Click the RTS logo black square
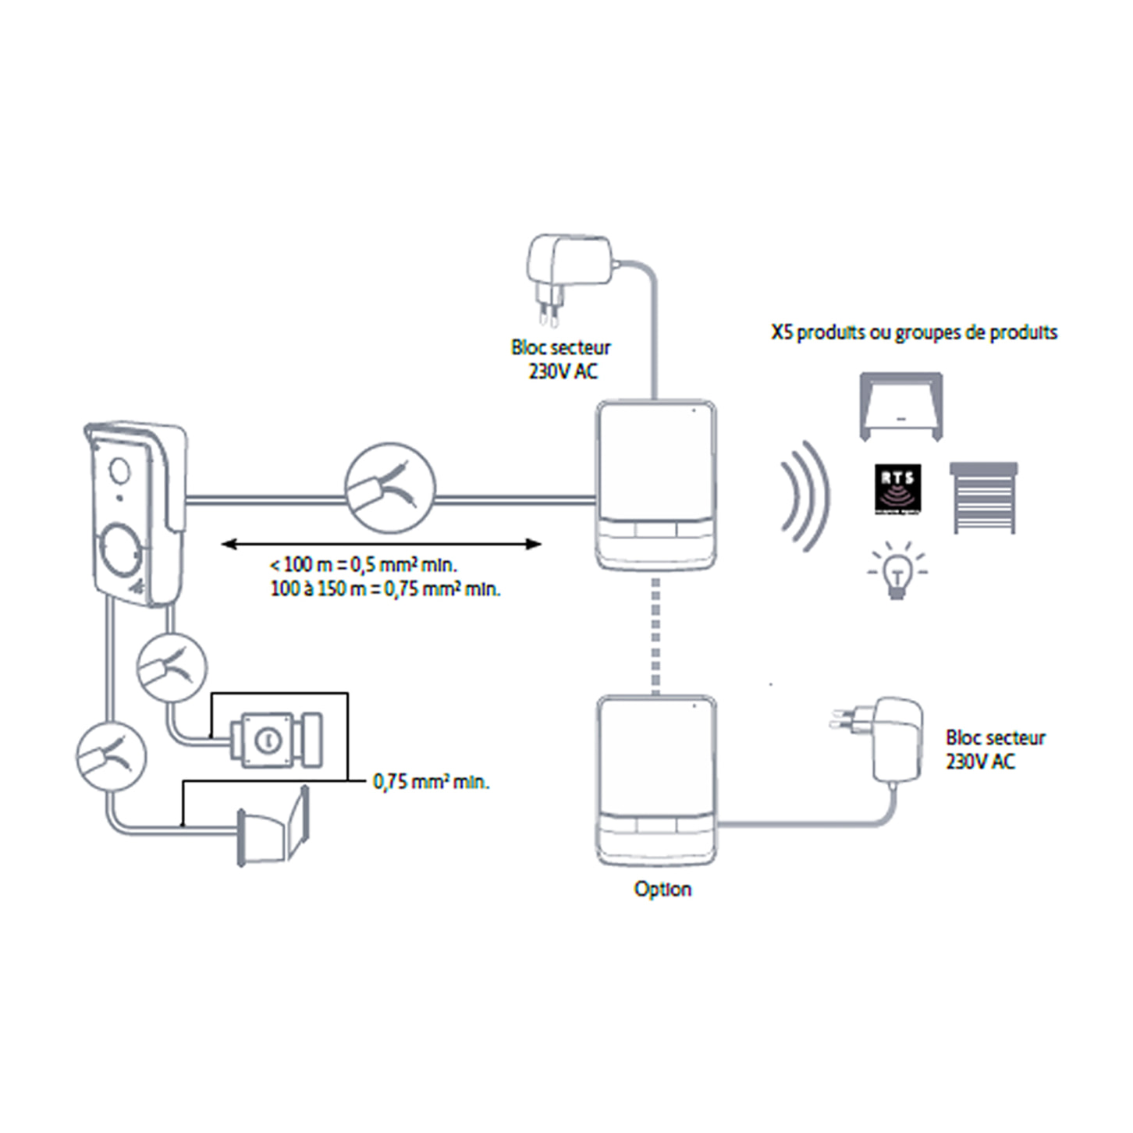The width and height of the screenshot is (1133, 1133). (897, 489)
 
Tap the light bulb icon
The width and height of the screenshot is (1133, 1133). (897, 571)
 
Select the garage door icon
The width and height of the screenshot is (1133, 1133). (900, 406)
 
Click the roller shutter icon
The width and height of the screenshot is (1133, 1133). (983, 497)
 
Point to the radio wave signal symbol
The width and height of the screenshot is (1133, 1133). (805, 497)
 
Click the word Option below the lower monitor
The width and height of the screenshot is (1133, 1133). (662, 890)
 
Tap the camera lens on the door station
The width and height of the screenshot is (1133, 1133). (120, 471)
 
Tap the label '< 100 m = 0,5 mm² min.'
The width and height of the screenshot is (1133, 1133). (364, 565)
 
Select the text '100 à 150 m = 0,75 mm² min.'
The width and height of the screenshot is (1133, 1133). (385, 588)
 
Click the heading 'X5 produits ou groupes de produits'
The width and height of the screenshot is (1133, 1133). (914, 332)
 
